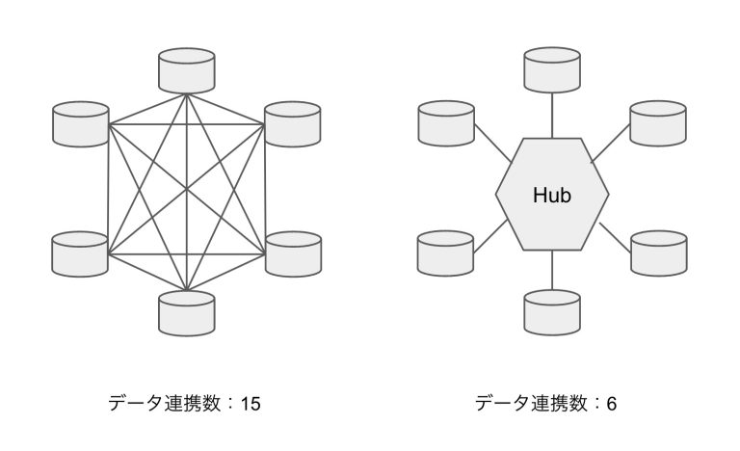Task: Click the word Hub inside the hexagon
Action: click(x=552, y=196)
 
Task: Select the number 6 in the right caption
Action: click(x=611, y=404)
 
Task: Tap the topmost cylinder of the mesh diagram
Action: click(x=187, y=70)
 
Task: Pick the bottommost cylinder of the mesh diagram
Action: click(x=187, y=312)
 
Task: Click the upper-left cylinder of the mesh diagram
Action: click(x=80, y=122)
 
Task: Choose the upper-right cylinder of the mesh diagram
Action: click(x=293, y=122)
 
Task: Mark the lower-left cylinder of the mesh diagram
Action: click(x=80, y=253)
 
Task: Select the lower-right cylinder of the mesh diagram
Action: click(x=293, y=253)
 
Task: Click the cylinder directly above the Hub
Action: click(x=552, y=70)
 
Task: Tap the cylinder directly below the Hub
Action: click(x=552, y=312)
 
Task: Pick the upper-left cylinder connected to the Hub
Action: click(x=445, y=122)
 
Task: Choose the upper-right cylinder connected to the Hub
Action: click(x=658, y=122)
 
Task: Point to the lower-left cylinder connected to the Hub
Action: click(x=445, y=253)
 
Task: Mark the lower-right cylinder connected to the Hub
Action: click(x=658, y=253)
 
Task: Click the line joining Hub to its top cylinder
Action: click(x=552, y=116)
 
